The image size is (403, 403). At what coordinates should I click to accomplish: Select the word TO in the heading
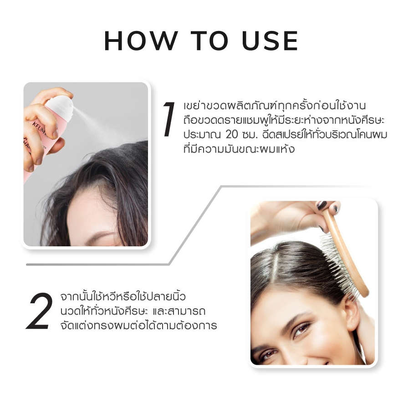pyautogui.click(x=209, y=41)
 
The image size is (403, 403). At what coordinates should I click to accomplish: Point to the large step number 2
pyautogui.click(x=39, y=311)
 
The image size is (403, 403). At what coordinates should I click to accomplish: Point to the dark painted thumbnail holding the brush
pyautogui.click(x=321, y=206)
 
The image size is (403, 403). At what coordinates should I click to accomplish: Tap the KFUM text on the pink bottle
pyautogui.click(x=39, y=128)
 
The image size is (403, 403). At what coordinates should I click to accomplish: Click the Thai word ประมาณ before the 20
pyautogui.click(x=202, y=135)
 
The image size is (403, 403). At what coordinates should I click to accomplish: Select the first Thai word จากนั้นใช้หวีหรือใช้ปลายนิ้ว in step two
pyautogui.click(x=123, y=296)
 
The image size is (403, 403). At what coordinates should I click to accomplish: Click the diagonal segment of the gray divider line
pyautogui.click(x=195, y=225)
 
